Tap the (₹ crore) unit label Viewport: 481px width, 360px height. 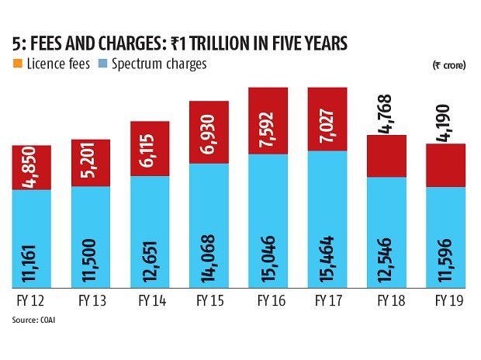click(449, 66)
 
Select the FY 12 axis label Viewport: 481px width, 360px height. click(31, 303)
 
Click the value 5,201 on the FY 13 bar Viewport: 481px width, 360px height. click(91, 164)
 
